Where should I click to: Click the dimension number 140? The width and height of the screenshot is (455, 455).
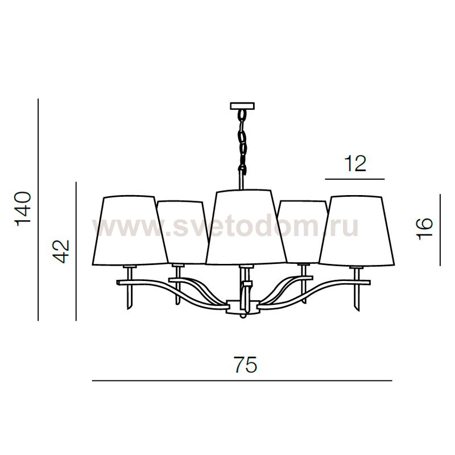coord(23,209)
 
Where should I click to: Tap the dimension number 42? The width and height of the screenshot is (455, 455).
coord(62,251)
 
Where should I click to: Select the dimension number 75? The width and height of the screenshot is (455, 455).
coord(246,365)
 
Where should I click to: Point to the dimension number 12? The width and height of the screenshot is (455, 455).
coord(355,164)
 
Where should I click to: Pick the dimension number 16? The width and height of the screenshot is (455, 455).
coord(424,229)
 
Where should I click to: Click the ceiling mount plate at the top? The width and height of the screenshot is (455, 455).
coord(242,106)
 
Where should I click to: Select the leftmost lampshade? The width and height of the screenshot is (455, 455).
coord(130,230)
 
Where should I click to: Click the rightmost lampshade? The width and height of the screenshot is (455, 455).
coord(357,230)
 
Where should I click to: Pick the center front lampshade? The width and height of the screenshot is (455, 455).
coord(246,227)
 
